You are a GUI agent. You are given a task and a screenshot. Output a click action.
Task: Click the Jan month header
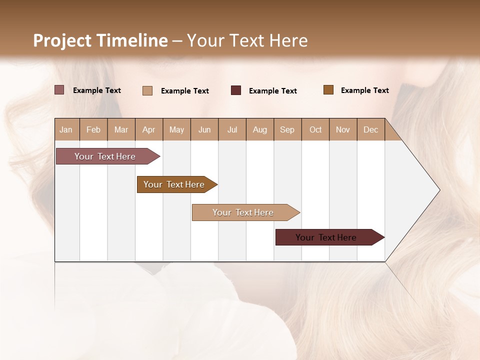coord(66,129)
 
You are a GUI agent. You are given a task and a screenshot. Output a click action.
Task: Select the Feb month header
coord(93,129)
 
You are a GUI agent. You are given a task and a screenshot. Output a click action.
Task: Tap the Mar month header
coord(121,129)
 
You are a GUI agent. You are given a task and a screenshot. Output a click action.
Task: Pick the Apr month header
coord(149,129)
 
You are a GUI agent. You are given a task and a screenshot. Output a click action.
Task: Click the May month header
coord(176,129)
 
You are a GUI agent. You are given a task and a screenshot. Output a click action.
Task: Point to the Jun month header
coord(204,129)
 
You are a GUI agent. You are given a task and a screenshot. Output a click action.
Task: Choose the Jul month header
coord(232,129)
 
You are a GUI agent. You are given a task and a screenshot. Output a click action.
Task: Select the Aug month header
coord(260,129)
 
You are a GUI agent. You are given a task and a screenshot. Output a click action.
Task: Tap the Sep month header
coord(287,129)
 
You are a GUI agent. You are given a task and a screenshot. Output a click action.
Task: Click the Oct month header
coord(315,129)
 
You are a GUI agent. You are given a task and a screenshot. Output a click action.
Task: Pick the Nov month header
coord(343,129)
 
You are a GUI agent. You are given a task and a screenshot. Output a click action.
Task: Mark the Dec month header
coord(371,129)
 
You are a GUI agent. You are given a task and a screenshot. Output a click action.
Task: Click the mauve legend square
coord(59,90)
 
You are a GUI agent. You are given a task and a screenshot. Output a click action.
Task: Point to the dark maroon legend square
coord(236,90)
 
